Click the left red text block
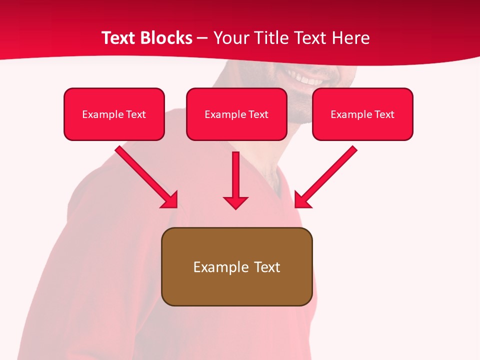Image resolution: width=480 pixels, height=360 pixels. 114,114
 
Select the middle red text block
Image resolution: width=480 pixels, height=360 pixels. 236,114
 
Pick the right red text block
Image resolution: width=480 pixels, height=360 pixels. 362,114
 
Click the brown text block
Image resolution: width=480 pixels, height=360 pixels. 236,266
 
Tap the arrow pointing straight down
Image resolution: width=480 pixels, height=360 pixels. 235,180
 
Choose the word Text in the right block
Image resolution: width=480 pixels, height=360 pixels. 384,114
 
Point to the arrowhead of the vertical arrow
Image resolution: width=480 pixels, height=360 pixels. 235,202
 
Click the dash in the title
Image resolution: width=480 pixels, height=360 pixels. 202,38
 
